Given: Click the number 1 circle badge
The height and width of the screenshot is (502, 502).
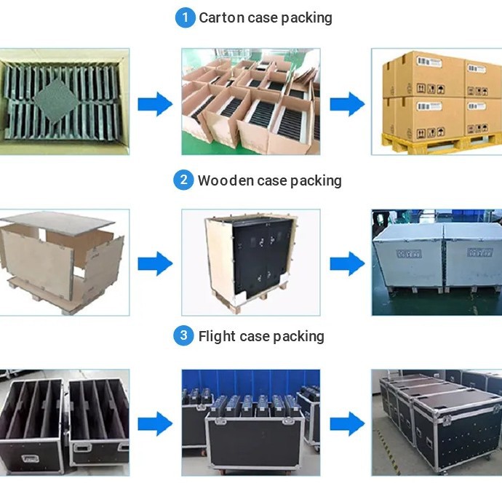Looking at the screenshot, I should coord(186,17).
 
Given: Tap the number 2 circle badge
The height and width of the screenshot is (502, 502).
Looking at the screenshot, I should coord(183,180).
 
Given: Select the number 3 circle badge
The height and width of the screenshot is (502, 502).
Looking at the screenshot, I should coord(183,335).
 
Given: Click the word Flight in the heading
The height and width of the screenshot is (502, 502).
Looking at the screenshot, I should coord(216,336).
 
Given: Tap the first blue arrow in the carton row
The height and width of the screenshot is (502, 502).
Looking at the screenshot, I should coord(155,104).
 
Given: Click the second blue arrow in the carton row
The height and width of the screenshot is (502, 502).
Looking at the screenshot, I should coord(346,104).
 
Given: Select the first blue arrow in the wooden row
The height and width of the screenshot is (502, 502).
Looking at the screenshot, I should coord(155,263).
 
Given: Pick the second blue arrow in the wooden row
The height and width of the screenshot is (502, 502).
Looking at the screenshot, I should coord(346,263).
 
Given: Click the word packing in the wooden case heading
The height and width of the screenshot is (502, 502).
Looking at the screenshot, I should coord(316,180).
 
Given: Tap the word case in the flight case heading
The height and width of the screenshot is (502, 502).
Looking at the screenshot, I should coord(266,336).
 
